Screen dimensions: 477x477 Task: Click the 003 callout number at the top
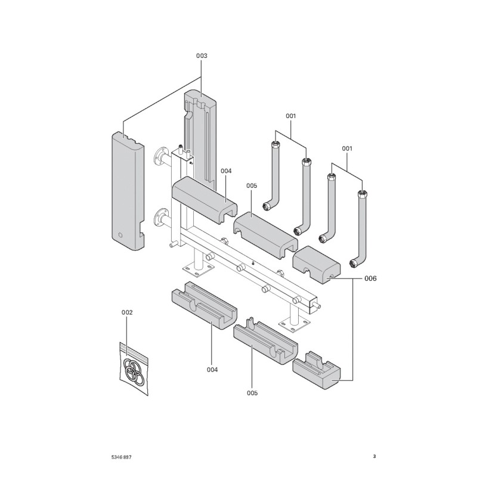pyautogui.click(x=202, y=55)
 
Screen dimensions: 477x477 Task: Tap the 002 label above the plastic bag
pyautogui.click(x=127, y=312)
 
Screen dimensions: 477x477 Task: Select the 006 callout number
pyautogui.click(x=370, y=278)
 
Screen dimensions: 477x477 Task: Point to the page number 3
pyautogui.click(x=374, y=457)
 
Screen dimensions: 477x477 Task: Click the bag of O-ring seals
pyautogui.click(x=132, y=370)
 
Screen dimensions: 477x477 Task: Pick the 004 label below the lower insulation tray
pyautogui.click(x=212, y=370)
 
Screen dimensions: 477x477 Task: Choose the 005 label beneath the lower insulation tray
pyautogui.click(x=252, y=393)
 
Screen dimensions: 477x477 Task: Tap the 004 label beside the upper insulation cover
pyautogui.click(x=225, y=171)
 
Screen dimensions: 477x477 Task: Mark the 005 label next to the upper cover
pyautogui.click(x=252, y=186)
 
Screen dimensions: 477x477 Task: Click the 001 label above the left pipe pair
pyautogui.click(x=290, y=115)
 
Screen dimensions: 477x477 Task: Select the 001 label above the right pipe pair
pyautogui.click(x=346, y=147)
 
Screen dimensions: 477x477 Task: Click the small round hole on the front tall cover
pyautogui.click(x=120, y=235)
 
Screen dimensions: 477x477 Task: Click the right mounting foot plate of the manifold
pyautogui.click(x=294, y=323)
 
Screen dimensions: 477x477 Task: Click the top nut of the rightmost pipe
pyautogui.click(x=361, y=194)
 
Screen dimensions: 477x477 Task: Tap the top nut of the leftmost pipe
pyautogui.click(x=275, y=144)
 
